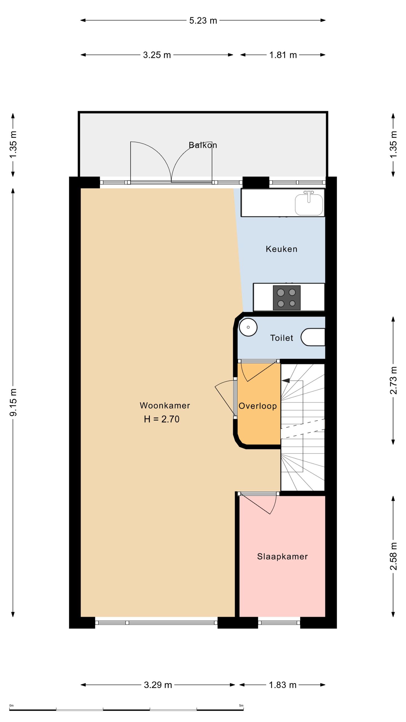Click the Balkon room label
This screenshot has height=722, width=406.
click(203, 145)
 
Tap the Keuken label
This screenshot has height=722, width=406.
click(281, 249)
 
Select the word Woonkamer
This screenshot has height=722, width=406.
click(165, 406)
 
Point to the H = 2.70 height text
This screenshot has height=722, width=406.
click(162, 419)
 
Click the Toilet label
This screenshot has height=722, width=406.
click(282, 338)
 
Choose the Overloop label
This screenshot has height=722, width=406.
click(258, 406)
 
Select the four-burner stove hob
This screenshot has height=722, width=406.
click(286, 298)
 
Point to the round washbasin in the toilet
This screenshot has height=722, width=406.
click(248, 327)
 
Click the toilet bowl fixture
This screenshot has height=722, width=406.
click(313, 337)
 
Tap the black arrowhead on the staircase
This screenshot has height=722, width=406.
click(286, 380)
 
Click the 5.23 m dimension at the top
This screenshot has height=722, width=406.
click(203, 21)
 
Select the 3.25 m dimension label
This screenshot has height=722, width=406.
click(157, 55)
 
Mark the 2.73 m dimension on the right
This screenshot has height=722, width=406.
click(394, 380)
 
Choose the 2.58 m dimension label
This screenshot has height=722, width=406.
click(394, 556)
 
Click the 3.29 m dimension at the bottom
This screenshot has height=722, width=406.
click(158, 685)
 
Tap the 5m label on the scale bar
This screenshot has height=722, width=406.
click(241, 706)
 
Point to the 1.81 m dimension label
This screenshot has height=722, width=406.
click(283, 55)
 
